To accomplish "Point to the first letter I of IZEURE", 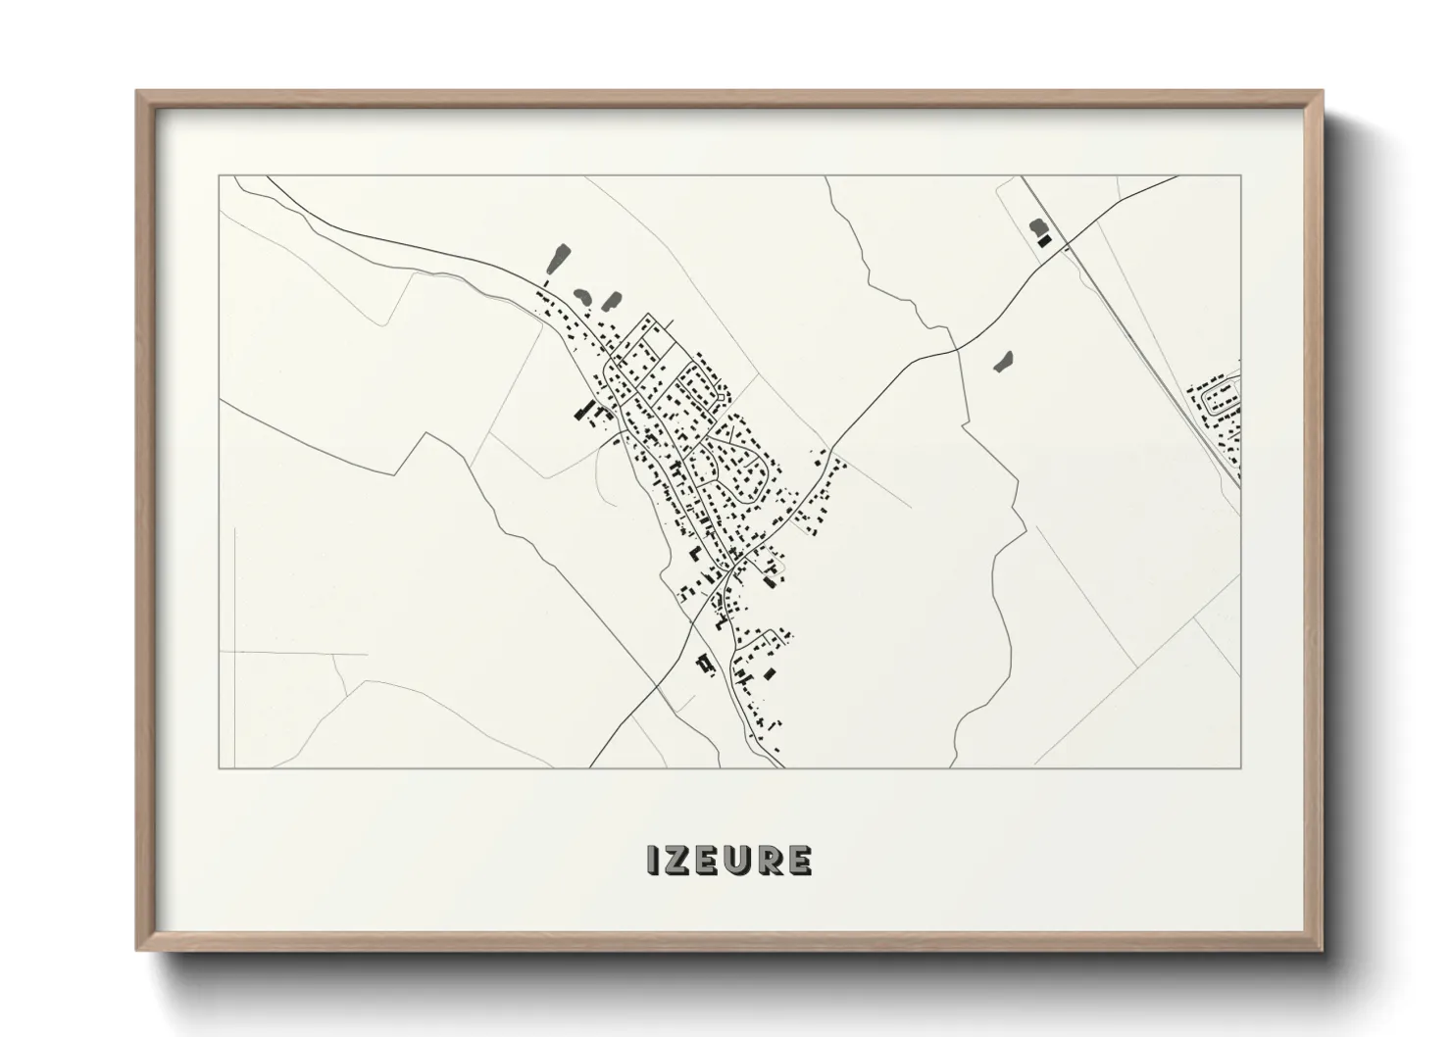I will pos(652,860).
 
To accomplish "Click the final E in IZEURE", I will pos(799,860).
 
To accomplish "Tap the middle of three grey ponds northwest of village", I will pos(580,295).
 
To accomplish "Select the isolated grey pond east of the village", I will pos(1002,363).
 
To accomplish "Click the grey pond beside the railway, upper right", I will pos(1037,228).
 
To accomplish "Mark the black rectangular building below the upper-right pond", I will pos(1044,240).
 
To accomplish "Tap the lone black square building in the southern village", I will pos(770,673).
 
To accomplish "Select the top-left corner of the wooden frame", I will pos(137,92).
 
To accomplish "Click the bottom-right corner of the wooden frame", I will pos(1324,950).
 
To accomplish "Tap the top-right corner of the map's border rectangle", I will pos(1241,175).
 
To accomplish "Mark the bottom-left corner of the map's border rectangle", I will pos(220,767).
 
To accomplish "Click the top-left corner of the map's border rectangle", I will pos(220,175).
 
